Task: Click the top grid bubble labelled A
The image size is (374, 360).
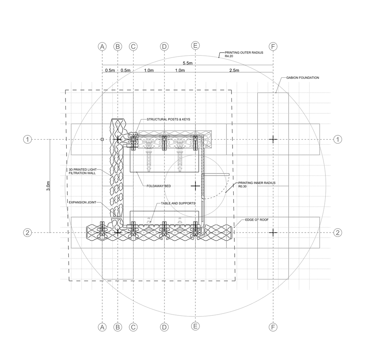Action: [x=103, y=46]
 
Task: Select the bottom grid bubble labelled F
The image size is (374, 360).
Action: [x=273, y=327]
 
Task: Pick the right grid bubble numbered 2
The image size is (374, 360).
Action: [x=338, y=233]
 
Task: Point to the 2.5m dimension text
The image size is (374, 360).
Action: [x=234, y=71]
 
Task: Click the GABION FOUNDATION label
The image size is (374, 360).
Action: [x=303, y=77]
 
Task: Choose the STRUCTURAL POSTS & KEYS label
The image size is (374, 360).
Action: [x=168, y=119]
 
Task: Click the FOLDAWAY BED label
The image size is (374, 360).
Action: [x=159, y=186]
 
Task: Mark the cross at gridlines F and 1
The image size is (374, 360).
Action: [x=273, y=139]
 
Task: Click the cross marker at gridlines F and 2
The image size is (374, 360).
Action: [x=273, y=233]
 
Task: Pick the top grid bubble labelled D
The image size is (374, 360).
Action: [x=164, y=46]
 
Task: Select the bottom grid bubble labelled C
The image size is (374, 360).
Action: [x=133, y=327]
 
